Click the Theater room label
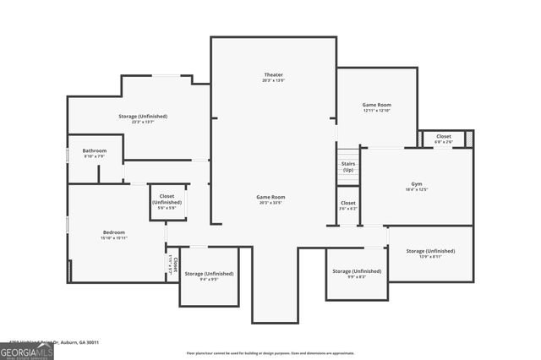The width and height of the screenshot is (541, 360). click(x=273, y=76)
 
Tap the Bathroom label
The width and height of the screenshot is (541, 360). click(x=95, y=151)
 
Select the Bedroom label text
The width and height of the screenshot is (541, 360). click(x=114, y=232)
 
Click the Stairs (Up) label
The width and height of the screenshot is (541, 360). click(x=347, y=166)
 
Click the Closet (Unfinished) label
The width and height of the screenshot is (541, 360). click(x=167, y=199)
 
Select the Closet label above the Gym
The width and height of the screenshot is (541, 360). click(x=444, y=136)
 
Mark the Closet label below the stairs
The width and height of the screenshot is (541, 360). click(x=348, y=203)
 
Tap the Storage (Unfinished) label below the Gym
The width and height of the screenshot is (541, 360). click(x=430, y=251)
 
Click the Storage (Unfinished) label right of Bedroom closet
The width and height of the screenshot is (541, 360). click(x=209, y=274)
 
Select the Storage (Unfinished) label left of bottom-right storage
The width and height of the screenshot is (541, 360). click(x=356, y=271)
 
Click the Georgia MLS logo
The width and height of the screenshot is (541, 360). click(x=26, y=352)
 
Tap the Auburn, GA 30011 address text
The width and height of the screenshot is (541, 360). click(x=76, y=342)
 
